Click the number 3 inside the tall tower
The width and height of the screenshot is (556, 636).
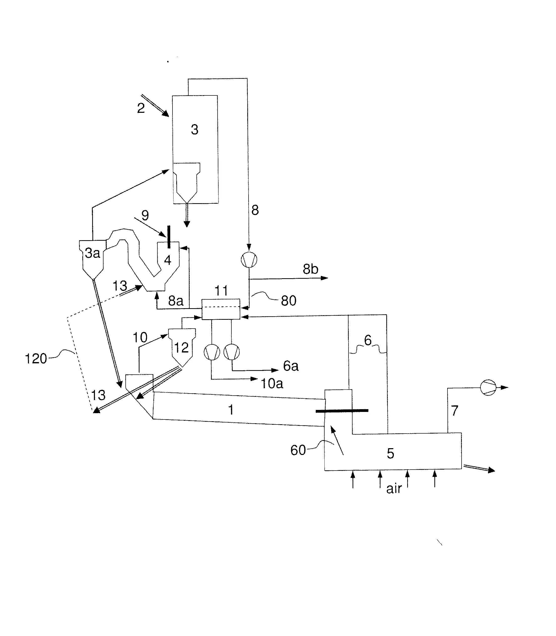(195, 130)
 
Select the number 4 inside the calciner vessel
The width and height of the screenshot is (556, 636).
(167, 260)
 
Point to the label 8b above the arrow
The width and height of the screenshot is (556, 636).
(310, 269)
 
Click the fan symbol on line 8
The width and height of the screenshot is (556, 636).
(249, 259)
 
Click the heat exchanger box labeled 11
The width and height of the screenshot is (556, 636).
(221, 309)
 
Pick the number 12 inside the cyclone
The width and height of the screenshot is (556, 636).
(181, 348)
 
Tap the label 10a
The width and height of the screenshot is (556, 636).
(272, 384)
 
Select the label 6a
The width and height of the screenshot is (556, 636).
(291, 366)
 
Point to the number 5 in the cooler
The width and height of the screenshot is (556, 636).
(390, 453)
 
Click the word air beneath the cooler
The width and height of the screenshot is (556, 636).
(394, 489)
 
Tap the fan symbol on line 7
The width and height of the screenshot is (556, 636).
(488, 387)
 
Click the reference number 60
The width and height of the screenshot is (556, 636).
(298, 450)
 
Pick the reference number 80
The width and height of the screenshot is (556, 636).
(289, 301)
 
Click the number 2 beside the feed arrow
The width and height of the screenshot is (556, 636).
(141, 108)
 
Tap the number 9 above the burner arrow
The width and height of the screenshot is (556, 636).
(145, 215)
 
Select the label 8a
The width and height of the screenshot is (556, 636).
(176, 301)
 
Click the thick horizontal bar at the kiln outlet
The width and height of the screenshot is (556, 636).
(342, 411)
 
